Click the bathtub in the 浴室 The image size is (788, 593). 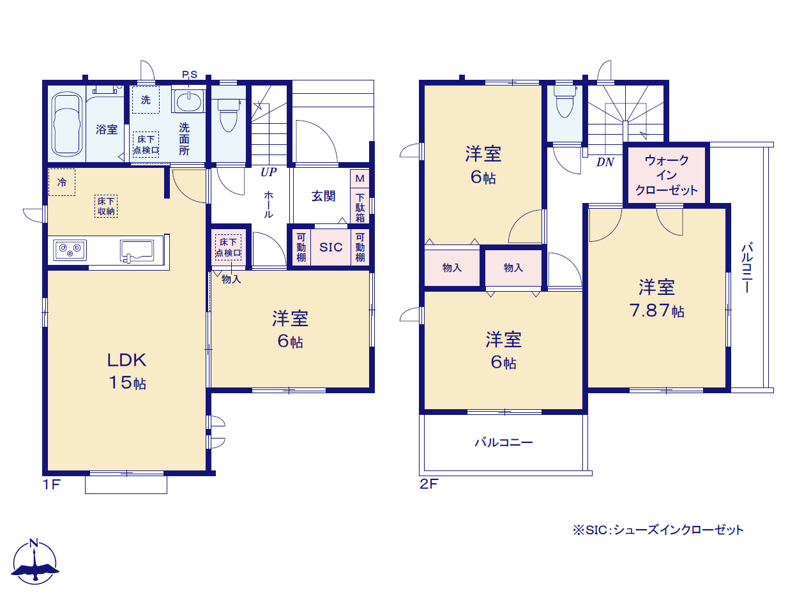[66, 124]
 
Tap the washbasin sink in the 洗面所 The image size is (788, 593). [188, 101]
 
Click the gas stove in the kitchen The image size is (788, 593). [70, 250]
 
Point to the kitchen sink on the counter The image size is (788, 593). [137, 250]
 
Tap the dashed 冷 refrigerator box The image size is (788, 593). [62, 183]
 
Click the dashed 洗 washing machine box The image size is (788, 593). [146, 100]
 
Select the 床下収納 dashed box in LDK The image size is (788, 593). [106, 206]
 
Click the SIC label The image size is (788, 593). [331, 247]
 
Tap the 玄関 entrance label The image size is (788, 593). [324, 196]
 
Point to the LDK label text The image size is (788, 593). [126, 360]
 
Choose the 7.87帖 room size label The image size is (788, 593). [656, 310]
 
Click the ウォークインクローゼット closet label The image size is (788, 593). [666, 175]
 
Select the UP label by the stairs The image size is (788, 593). [269, 172]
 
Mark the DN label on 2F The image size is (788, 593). [605, 162]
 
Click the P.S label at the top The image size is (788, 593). [190, 74]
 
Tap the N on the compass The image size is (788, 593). [34, 542]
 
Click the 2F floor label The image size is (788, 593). [428, 484]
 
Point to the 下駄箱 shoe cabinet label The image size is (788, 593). [360, 207]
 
